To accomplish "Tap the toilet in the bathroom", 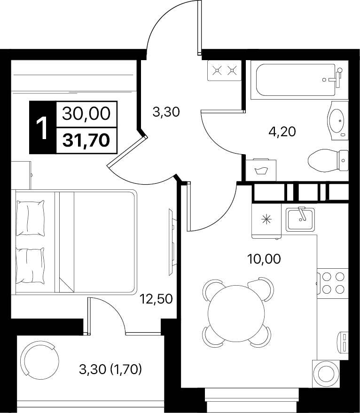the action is point(328,160).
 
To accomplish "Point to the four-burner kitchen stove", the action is point(333,283).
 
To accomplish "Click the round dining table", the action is point(235,312).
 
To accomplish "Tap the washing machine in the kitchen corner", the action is point(326,374).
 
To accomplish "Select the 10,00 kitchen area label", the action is point(264,259).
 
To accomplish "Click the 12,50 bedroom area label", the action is point(156,299).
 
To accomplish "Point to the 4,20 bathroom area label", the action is point(282,132).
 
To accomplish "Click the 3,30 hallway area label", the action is point(166,112).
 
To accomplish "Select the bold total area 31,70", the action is point(86,140).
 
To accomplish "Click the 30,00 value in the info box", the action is point(86,114).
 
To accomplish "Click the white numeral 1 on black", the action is point(42,128).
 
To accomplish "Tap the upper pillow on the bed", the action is point(30,218).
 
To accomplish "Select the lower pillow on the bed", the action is point(30,265).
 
